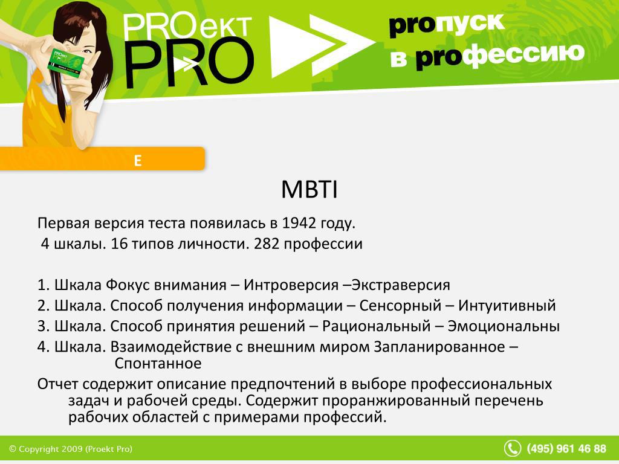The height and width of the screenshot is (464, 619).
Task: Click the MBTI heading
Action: tap(309, 189)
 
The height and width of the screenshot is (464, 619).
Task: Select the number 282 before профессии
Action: tap(267, 244)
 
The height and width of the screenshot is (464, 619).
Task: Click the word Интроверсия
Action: tap(291, 285)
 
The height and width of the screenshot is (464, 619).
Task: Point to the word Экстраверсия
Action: tap(401, 285)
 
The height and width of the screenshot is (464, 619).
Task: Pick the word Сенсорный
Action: tap(400, 305)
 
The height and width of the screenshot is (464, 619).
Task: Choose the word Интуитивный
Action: tap(507, 305)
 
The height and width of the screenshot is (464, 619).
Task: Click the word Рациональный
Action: tap(376, 326)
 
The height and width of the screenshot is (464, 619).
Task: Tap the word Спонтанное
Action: tap(158, 363)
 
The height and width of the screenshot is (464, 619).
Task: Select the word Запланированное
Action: tap(439, 347)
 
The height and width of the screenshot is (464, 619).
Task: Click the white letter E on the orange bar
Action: tap(137, 161)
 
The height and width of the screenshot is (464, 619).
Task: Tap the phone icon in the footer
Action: tap(513, 449)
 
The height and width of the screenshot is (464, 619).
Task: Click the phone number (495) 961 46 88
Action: tap(566, 449)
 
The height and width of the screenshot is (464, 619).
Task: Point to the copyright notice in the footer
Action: tap(71, 449)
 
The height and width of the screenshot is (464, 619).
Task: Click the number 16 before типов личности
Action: tap(119, 244)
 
